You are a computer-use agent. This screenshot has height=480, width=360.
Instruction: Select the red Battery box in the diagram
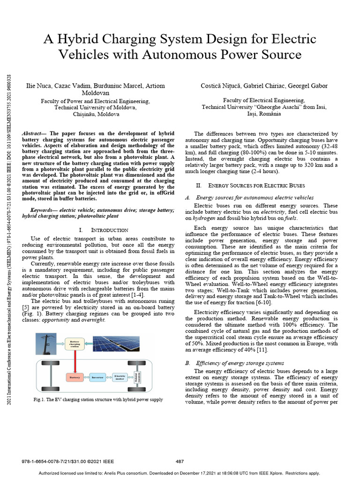tap(74, 376)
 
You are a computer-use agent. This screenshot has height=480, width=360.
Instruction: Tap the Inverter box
tap(97, 376)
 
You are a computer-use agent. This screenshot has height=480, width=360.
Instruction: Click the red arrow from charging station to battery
tap(75, 361)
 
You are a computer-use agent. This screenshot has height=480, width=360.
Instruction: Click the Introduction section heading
tap(109, 230)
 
